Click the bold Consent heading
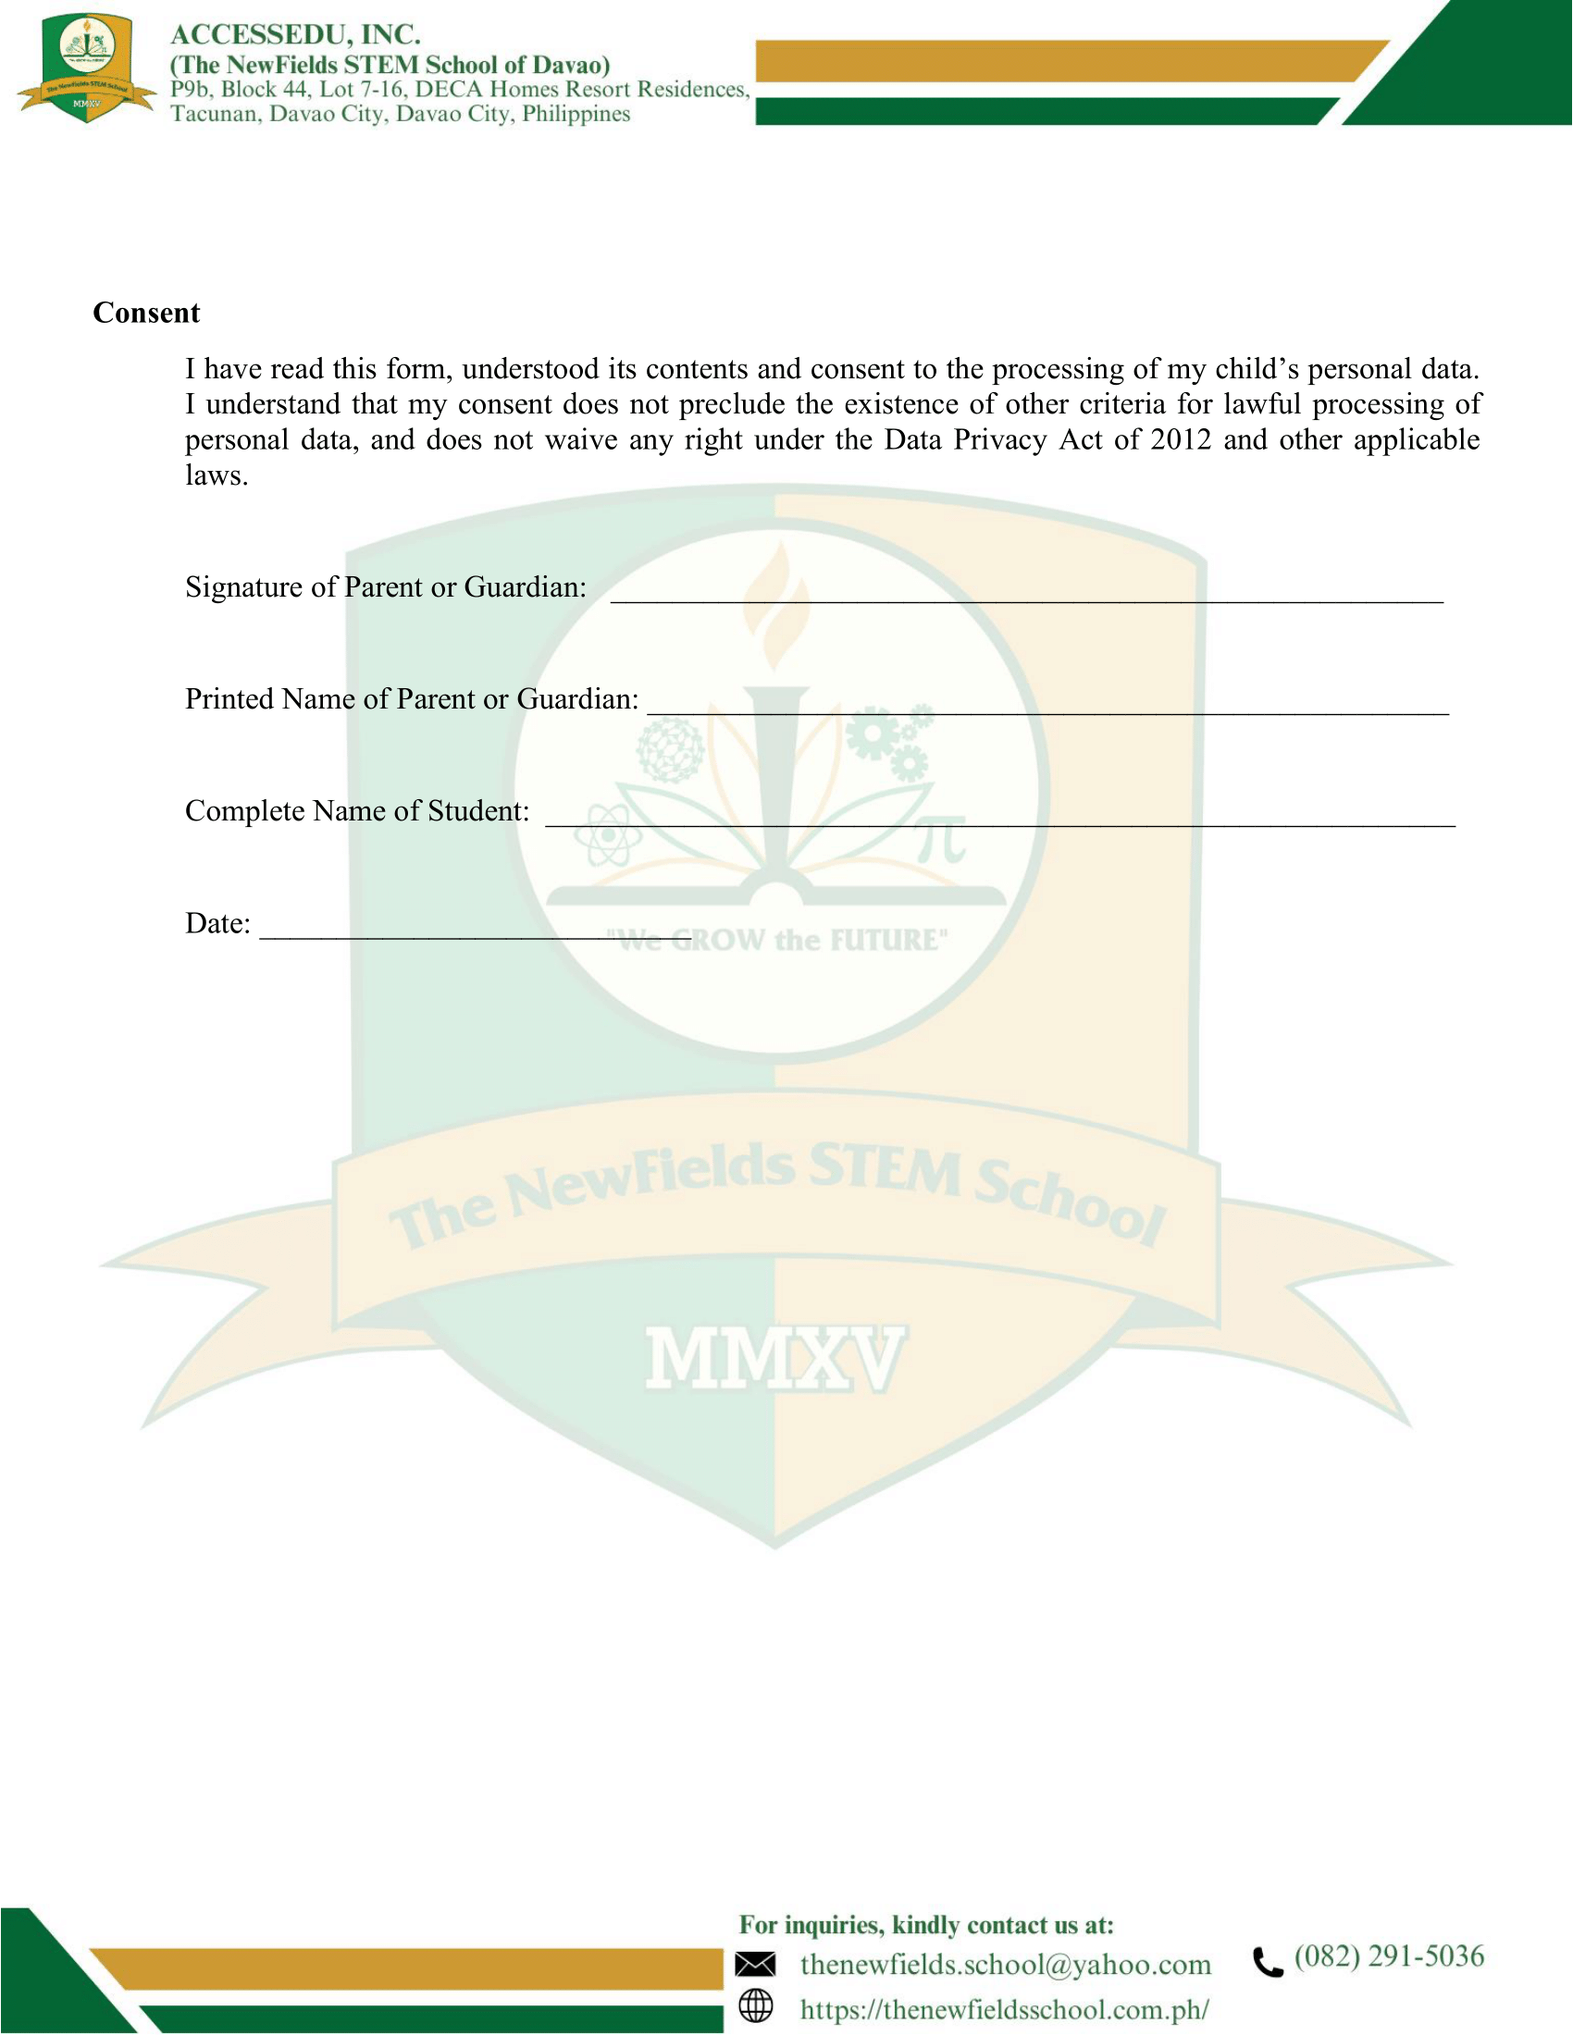coord(146,313)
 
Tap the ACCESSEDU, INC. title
coord(295,34)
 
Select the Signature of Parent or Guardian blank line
coord(1026,597)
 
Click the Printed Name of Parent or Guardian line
coord(1047,709)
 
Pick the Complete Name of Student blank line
coord(999,820)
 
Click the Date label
coord(217,923)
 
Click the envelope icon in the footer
coord(755,1965)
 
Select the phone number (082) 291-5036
coord(1389,1955)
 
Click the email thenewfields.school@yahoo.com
coord(1006,1965)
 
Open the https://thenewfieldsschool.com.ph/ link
coord(1005,2009)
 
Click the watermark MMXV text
coord(774,1360)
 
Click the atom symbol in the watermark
coord(608,835)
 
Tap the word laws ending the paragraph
coord(216,476)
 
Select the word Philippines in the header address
coord(576,115)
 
